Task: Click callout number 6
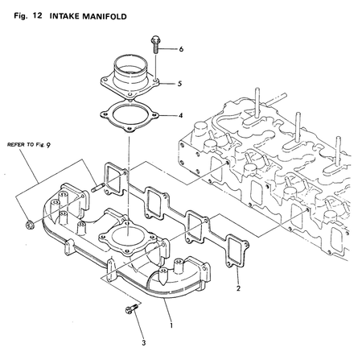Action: tap(181, 49)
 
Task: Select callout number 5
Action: tap(181, 83)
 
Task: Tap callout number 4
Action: tap(181, 115)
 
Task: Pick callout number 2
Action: tap(238, 286)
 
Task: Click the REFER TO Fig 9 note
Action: tap(35, 146)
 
